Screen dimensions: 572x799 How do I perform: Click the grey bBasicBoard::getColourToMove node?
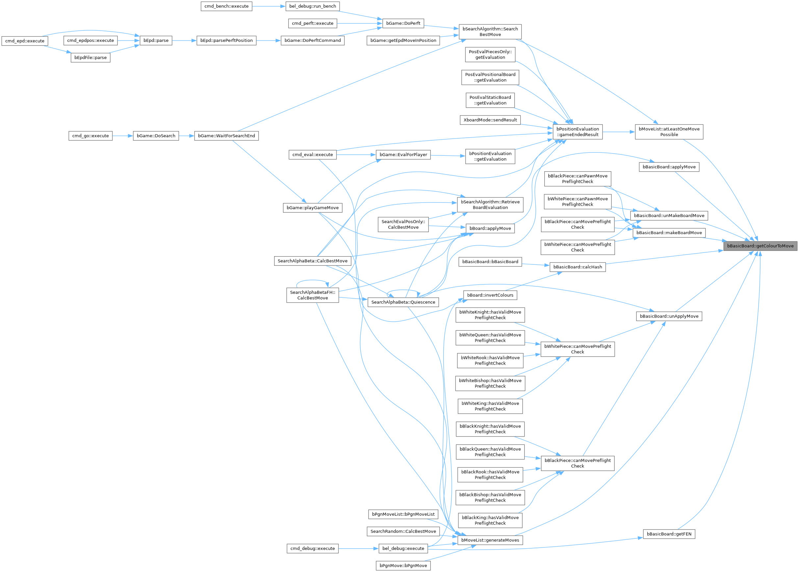tap(760, 246)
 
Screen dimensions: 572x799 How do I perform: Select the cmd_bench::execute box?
tap(226, 6)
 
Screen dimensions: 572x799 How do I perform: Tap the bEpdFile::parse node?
tap(90, 57)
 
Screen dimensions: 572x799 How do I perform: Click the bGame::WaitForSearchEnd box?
tap(226, 136)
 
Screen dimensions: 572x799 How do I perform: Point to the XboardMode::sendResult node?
tap(490, 120)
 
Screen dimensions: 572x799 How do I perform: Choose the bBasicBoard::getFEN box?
tap(669, 534)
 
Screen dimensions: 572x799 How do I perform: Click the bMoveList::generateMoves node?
tap(490, 540)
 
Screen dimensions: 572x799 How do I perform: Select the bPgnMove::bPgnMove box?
tap(403, 566)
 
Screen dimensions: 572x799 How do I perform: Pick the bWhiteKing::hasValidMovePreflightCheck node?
tap(490, 406)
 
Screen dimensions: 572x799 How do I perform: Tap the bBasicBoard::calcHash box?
tap(578, 267)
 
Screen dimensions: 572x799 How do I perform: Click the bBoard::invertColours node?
tap(490, 295)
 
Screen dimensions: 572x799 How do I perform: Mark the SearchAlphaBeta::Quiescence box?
tap(403, 302)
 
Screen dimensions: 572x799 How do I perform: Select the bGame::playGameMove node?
tap(313, 208)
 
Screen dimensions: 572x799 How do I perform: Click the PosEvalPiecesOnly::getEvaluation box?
tap(490, 55)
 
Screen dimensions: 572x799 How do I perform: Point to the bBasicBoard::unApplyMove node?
tap(669, 316)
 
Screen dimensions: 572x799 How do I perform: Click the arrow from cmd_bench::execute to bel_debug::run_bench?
tap(269, 6)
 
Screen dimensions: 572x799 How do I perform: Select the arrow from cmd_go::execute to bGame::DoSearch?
tap(122, 136)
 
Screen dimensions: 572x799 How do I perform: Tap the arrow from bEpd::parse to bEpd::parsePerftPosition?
tap(184, 41)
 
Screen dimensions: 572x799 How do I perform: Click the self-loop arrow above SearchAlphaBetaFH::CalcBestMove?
tap(313, 281)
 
